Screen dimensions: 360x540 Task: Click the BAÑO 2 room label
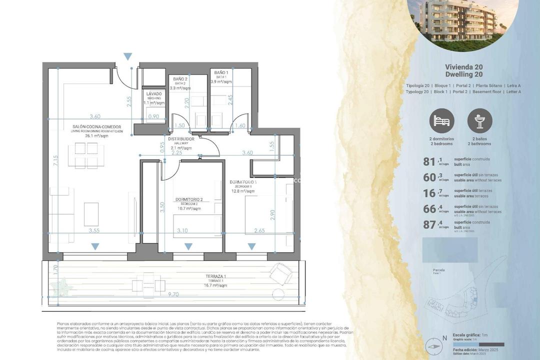180,79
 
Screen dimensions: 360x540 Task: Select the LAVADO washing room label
154,94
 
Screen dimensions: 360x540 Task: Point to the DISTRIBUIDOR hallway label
180,139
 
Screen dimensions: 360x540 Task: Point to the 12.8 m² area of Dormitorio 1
243,191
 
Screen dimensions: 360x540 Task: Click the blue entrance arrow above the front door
128,56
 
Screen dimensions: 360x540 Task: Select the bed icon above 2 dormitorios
441,121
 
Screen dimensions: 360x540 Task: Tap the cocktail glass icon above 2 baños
479,121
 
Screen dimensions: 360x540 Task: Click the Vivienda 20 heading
463,66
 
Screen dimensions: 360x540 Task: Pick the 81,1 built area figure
430,161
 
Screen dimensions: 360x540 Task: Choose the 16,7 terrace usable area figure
430,193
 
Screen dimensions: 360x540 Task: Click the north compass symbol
434,345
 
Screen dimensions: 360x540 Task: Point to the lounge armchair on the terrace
278,274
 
